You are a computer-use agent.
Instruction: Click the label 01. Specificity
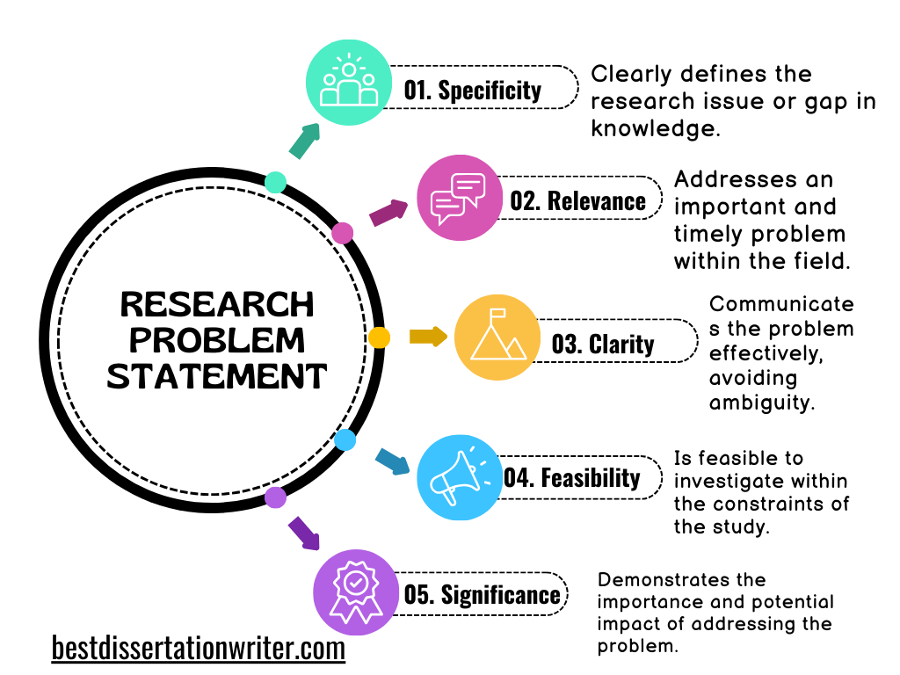(472, 89)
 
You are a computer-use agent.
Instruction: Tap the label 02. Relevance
(577, 200)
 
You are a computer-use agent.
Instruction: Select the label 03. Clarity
(602, 344)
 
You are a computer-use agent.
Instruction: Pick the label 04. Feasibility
(571, 478)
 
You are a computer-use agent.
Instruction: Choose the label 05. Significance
(482, 594)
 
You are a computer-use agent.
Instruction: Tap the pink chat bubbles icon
(458, 198)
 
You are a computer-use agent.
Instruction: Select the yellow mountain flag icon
(497, 337)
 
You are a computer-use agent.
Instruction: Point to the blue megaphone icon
(459, 477)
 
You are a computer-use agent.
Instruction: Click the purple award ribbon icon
(356, 592)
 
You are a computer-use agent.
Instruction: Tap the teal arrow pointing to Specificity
(304, 141)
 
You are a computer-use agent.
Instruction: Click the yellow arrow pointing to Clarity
(428, 337)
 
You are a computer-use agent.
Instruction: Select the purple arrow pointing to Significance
(304, 533)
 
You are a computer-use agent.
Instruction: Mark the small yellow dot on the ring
(379, 337)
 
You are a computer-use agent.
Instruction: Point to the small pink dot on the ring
(343, 233)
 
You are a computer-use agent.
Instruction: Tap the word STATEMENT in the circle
(217, 376)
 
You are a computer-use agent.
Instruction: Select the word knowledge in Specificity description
(654, 128)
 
